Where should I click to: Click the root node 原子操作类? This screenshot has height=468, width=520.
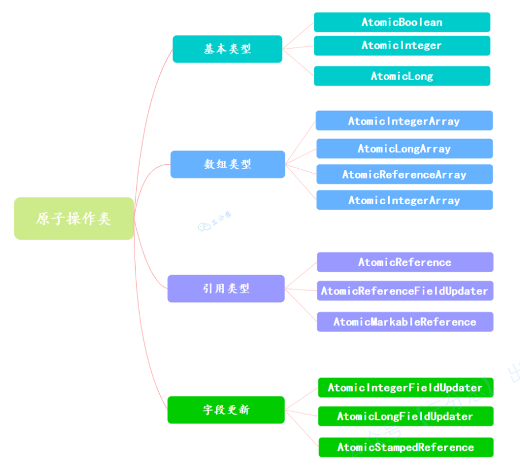click(x=74, y=219)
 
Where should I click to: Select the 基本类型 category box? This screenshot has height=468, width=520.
click(x=227, y=49)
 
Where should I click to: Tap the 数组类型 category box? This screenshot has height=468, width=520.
click(x=227, y=164)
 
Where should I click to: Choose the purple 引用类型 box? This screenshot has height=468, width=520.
click(x=226, y=288)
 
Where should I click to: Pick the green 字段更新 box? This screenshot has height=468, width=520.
click(x=226, y=410)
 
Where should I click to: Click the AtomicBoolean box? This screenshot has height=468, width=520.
click(x=401, y=22)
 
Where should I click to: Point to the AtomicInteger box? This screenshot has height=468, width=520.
click(x=401, y=45)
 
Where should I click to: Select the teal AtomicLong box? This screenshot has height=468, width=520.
click(x=401, y=76)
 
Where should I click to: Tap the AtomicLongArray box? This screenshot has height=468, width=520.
click(x=404, y=149)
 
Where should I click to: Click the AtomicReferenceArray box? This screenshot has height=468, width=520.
click(x=404, y=174)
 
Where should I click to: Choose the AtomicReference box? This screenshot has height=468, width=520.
click(x=405, y=262)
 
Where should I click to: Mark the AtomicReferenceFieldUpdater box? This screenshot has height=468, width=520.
click(x=405, y=291)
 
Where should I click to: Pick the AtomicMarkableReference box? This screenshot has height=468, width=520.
click(x=405, y=322)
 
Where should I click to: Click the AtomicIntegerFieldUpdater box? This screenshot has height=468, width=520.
click(x=405, y=387)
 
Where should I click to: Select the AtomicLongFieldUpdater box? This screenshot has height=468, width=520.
click(x=405, y=416)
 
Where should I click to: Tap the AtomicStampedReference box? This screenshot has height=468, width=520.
click(x=405, y=447)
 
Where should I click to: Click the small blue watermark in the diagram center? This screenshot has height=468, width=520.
click(x=214, y=222)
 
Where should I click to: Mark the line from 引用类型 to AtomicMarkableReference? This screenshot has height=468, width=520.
click(x=301, y=306)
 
